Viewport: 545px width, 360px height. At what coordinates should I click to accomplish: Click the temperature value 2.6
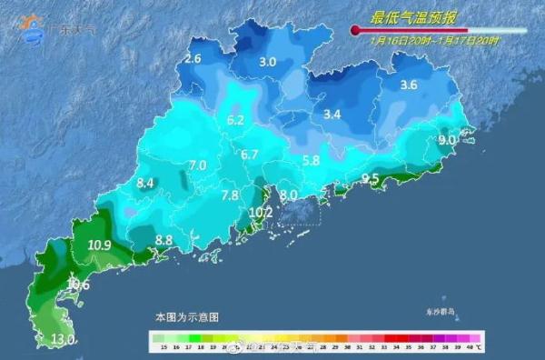[193, 59]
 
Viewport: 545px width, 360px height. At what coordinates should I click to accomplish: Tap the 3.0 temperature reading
[267, 63]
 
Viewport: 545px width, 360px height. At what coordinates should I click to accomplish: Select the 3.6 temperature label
[408, 85]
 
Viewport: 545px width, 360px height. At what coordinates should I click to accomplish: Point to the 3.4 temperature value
[332, 115]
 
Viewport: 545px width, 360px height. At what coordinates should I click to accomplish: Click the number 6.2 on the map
[236, 120]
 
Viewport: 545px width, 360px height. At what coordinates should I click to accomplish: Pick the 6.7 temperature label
[250, 155]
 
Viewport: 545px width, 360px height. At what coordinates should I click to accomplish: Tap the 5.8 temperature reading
[311, 161]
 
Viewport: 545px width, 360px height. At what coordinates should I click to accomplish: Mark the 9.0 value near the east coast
[446, 141]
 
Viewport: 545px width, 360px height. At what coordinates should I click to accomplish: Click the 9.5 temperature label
[371, 179]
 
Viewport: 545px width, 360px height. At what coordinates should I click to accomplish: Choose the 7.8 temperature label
[230, 195]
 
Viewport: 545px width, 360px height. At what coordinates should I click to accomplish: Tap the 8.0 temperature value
[289, 195]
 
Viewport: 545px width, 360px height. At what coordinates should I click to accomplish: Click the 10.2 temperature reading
[261, 213]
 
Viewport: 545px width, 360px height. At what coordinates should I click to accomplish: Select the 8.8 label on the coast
[164, 240]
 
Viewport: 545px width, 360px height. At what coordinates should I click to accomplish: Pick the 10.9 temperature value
[100, 245]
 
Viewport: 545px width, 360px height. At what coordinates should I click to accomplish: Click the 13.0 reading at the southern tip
[63, 340]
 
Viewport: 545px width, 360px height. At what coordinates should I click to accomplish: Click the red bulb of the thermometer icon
[355, 32]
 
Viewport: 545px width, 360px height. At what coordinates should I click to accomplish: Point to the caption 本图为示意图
[186, 317]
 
